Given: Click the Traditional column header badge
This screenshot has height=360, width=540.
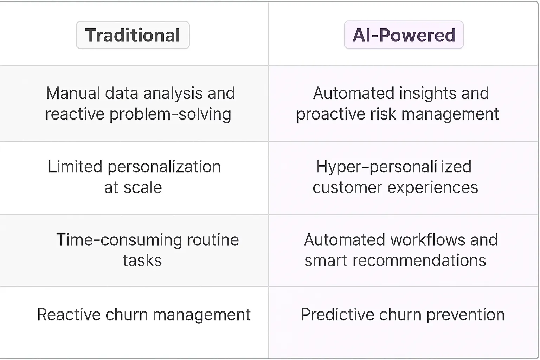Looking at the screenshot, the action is tap(133, 35).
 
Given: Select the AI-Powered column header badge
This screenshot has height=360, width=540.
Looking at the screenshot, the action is tap(404, 35).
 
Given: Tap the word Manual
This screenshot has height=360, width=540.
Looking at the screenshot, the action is tap(73, 93).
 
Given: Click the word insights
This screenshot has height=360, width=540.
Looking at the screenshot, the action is tap(428, 94).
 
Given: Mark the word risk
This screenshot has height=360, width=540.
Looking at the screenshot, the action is tap(383, 114).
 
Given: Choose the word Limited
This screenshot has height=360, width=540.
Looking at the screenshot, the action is tap(75, 167).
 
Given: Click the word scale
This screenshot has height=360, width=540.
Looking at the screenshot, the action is tap(143, 187).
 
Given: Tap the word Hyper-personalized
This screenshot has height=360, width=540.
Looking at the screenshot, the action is tap(394, 167).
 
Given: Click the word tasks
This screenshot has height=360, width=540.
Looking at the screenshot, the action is tap(142, 261).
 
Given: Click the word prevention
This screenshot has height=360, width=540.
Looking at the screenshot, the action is tap(465, 315).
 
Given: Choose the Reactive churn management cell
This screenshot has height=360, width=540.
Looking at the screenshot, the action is tap(134, 322).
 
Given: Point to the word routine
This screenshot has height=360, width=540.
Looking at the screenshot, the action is tap(213, 240).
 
